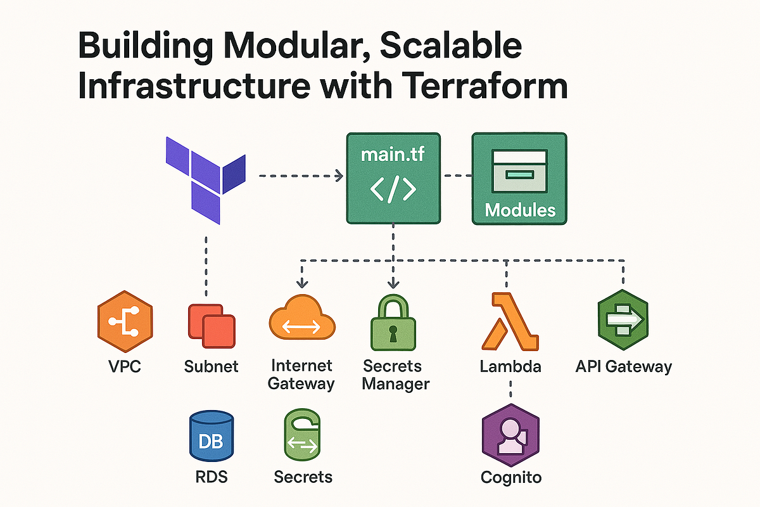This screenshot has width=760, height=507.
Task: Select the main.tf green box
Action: (x=393, y=177)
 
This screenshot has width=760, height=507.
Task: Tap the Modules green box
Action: (x=519, y=178)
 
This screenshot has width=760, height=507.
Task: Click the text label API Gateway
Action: (x=623, y=366)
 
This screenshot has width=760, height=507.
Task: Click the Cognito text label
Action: (x=510, y=477)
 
